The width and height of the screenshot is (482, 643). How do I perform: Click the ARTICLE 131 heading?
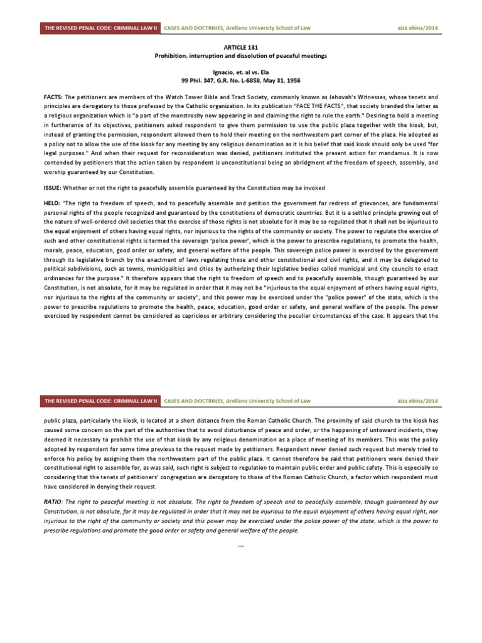click(x=241, y=47)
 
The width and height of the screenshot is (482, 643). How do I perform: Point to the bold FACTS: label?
click(x=53, y=99)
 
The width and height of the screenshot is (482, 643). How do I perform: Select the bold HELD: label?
click(x=52, y=205)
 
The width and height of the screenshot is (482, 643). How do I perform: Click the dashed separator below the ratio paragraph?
click(x=241, y=544)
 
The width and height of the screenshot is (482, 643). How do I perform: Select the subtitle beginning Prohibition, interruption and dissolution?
click(x=241, y=56)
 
